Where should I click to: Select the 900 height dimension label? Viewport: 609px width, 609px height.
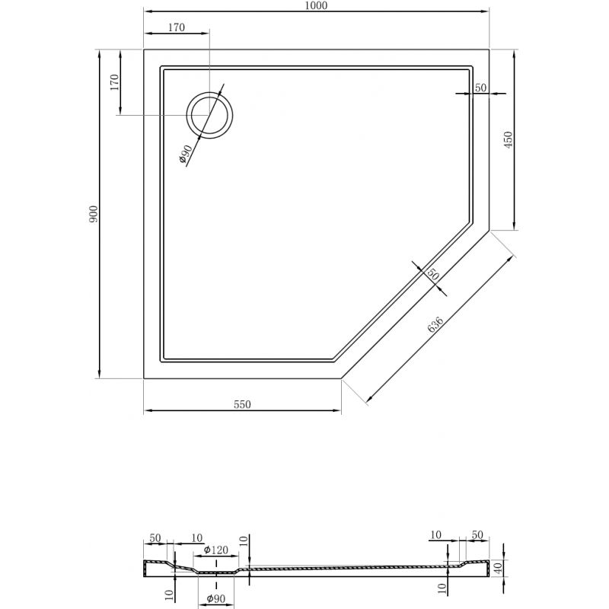pyautogui.click(x=94, y=214)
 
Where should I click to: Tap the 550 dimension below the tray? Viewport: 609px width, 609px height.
pyautogui.click(x=242, y=405)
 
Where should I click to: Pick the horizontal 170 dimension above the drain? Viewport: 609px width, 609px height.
pyautogui.click(x=175, y=28)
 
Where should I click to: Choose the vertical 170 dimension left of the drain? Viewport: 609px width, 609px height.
pyautogui.click(x=114, y=82)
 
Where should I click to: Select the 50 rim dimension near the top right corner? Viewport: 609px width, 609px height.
pyautogui.click(x=480, y=88)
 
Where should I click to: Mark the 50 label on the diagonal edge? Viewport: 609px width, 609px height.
pyautogui.click(x=432, y=274)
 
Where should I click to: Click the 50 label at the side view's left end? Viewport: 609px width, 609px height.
pyautogui.click(x=155, y=538)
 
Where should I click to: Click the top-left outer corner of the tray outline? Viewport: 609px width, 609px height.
pyautogui.click(x=145, y=49)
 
